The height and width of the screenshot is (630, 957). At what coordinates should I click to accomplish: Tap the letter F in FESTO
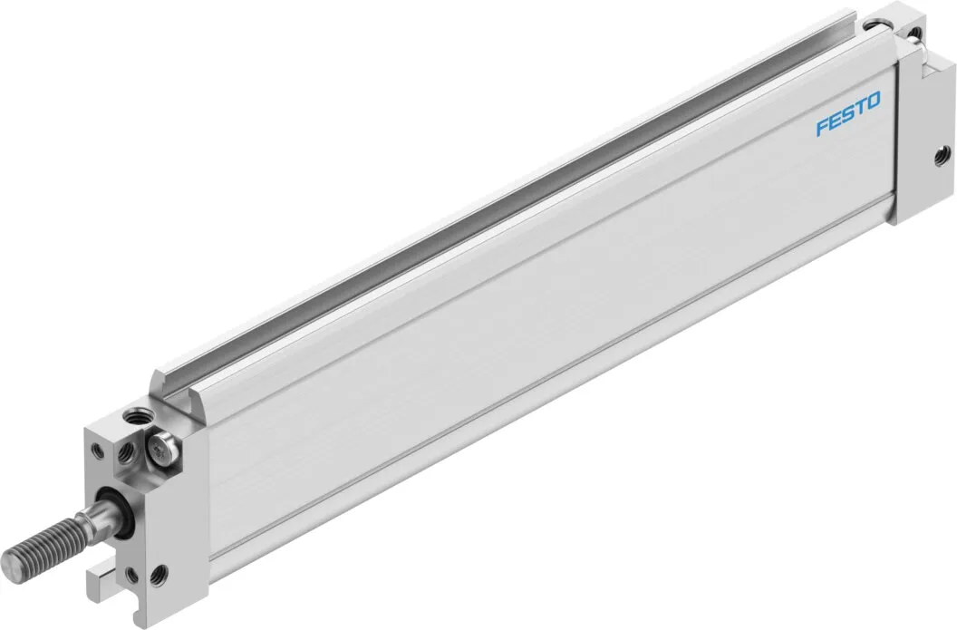point(824,125)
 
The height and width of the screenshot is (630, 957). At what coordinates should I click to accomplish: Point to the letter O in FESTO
point(874,102)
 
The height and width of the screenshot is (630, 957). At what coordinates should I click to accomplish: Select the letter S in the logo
point(849,113)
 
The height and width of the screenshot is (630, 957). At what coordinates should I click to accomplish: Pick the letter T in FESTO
point(861,108)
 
